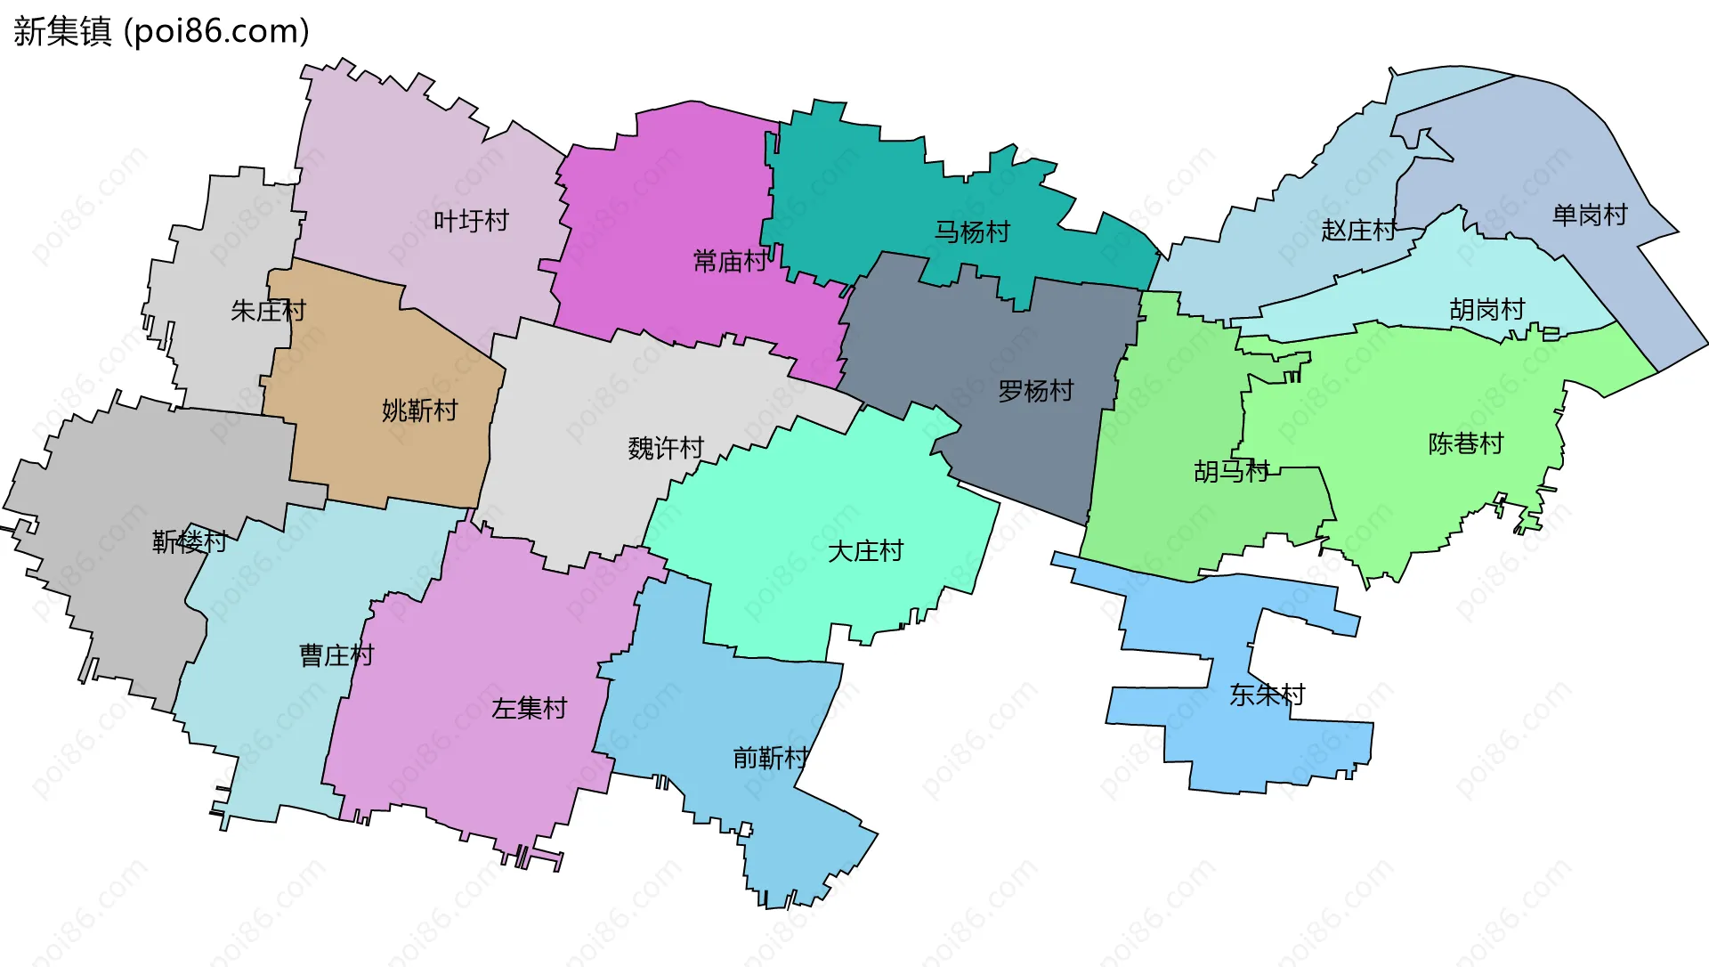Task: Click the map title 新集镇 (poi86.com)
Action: pos(161,31)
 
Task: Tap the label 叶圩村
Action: pos(471,220)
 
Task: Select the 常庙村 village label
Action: pos(730,261)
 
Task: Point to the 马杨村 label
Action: pos(972,232)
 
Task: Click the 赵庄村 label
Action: pos(1358,231)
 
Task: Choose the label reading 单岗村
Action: pos(1589,215)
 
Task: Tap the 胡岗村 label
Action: pos(1486,310)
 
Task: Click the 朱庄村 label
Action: pos(268,310)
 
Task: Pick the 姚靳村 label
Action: pos(419,410)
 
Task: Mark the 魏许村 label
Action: pos(666,448)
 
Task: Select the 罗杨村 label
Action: pos(1035,391)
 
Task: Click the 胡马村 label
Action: pos(1231,471)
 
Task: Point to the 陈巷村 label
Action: pos(1465,443)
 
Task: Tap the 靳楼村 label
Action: pos(190,540)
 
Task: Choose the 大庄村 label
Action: pos(865,551)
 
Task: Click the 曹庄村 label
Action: pos(336,655)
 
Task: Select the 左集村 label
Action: pos(530,709)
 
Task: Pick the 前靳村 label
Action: pos(771,758)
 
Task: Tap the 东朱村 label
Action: pos(1267,695)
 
